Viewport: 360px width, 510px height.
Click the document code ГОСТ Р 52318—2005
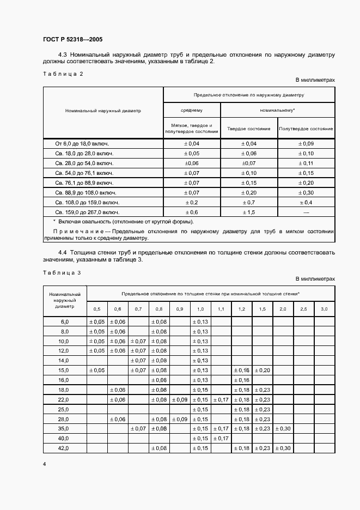click(72, 40)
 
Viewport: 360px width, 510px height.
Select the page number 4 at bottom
click(44, 464)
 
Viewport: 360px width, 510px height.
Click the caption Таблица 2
click(62, 74)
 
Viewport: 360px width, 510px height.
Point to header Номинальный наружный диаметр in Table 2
click(103, 110)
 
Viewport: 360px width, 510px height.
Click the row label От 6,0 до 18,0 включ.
click(82, 144)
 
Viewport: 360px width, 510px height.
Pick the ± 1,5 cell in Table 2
click(248, 212)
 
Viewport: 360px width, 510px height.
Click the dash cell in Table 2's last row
click(306, 212)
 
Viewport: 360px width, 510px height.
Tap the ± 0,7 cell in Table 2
click(248, 202)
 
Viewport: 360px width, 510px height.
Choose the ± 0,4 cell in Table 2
click(306, 202)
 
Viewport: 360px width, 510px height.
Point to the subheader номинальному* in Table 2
click(277, 110)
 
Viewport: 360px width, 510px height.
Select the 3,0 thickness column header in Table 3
click(324, 309)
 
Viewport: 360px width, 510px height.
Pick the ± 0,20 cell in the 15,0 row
click(262, 371)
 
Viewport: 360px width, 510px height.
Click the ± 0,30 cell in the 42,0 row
click(283, 448)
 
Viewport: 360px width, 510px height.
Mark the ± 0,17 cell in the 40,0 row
click(221, 438)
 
